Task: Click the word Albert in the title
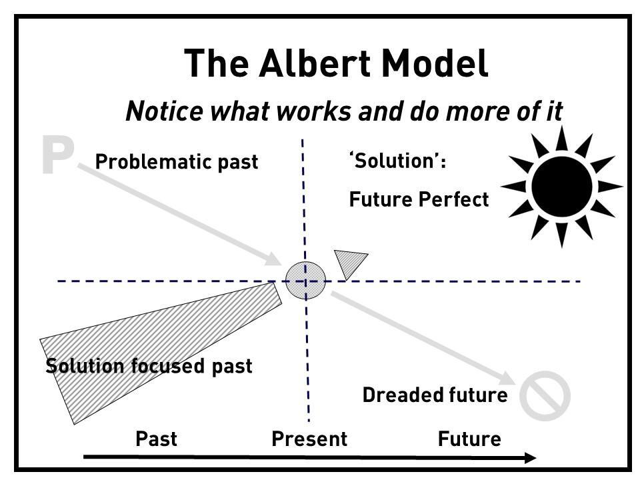[x=315, y=63]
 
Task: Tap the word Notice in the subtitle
[x=165, y=111]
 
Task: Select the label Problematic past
[x=176, y=161]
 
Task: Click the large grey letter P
[x=57, y=155]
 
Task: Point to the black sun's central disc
[x=561, y=186]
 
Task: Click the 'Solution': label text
[x=397, y=161]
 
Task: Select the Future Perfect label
[x=419, y=199]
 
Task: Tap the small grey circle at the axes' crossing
[x=305, y=281]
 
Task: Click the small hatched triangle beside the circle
[x=349, y=262]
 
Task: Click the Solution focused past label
[x=149, y=366]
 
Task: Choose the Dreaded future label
[x=435, y=395]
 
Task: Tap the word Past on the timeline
[x=156, y=439]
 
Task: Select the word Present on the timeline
[x=309, y=439]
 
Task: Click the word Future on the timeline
[x=469, y=439]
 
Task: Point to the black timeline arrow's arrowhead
[x=530, y=457]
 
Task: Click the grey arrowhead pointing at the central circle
[x=273, y=259]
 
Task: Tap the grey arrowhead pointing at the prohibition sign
[x=507, y=379]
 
